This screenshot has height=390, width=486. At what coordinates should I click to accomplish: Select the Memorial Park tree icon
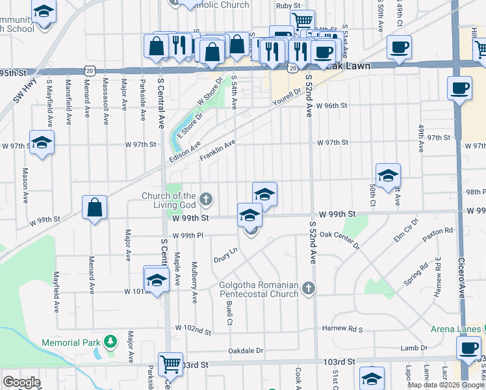point(110,341)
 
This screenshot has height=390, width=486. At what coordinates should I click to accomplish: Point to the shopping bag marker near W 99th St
point(95,207)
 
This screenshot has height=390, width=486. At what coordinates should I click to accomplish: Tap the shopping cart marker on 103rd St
point(170,364)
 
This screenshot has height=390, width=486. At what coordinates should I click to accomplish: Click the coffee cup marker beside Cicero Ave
point(459,88)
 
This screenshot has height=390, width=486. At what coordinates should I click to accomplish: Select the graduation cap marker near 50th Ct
point(388,175)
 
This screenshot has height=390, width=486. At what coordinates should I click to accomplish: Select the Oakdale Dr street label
point(246,351)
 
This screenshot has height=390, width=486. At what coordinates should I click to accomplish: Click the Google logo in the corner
point(21,382)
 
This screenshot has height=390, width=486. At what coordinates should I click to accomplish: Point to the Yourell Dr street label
point(287,96)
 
